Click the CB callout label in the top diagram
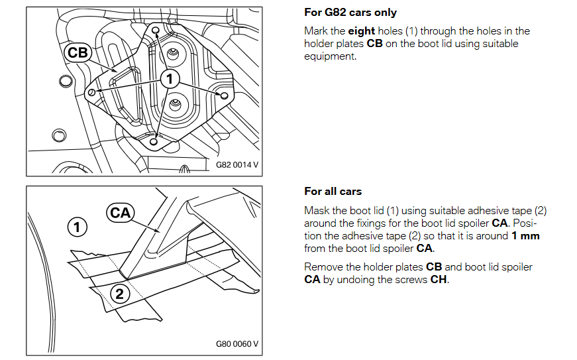coord(78,53)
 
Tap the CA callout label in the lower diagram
coord(120,212)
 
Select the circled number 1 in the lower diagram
coord(78,227)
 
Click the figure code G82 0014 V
coord(236,164)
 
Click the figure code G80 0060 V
coord(236,344)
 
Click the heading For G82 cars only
coord(350,13)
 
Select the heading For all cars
coord(333,192)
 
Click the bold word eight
coord(362,31)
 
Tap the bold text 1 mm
coord(525,236)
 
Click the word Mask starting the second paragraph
coord(316,211)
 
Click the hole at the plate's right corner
coord(225,96)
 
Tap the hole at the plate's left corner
coord(91,92)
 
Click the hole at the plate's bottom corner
coord(154,141)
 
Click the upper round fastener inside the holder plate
coord(173,53)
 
